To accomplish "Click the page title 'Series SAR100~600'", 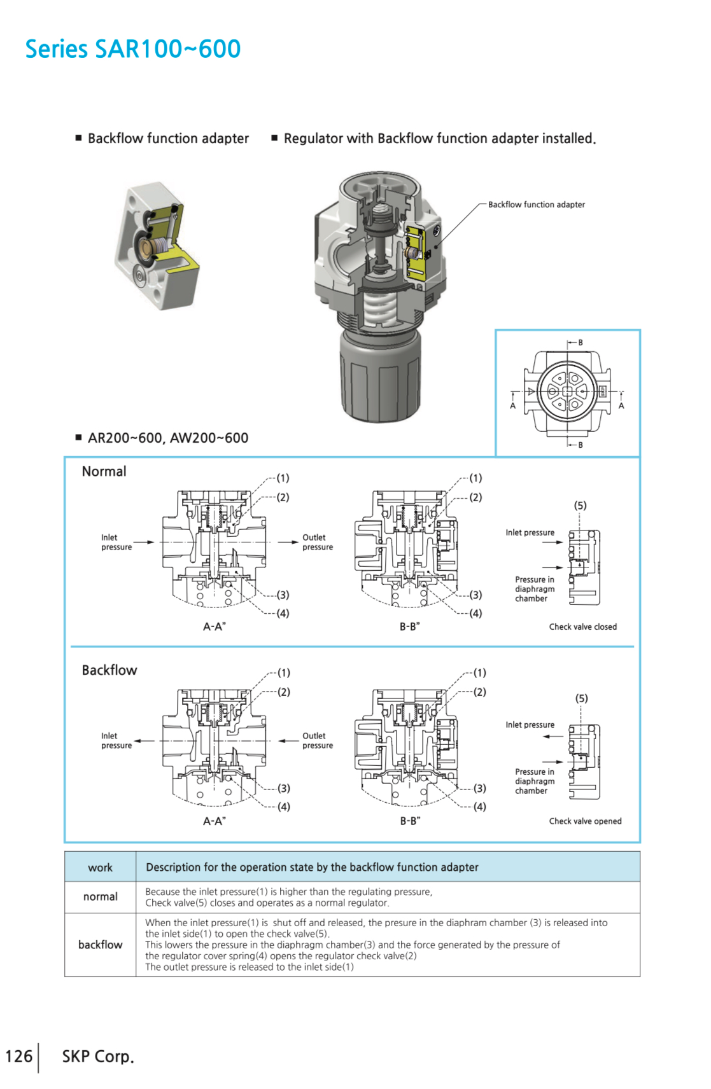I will coord(132,49).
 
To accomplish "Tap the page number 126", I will coord(18,1057).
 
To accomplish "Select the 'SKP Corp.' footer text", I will coord(98,1057).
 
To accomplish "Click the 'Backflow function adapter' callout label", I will coord(536,205).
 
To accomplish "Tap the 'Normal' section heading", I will coord(104,471).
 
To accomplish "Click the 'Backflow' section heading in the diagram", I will coord(109,670).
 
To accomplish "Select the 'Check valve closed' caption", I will coord(582,627).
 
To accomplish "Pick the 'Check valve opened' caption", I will coord(585,821).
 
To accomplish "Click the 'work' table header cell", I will coord(100,868).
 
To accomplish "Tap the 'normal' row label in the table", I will coord(100,897).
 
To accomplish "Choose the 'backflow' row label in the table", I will coord(100,945).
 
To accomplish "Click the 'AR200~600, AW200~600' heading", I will coord(167,438).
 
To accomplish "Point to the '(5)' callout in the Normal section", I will coord(580,506).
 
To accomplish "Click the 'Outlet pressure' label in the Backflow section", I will coord(317,740).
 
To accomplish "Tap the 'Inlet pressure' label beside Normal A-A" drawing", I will coord(116,542).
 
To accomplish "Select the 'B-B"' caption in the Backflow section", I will coord(410,821).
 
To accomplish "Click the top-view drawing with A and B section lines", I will coord(567,392).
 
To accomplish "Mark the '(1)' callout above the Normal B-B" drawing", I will coord(475,478).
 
